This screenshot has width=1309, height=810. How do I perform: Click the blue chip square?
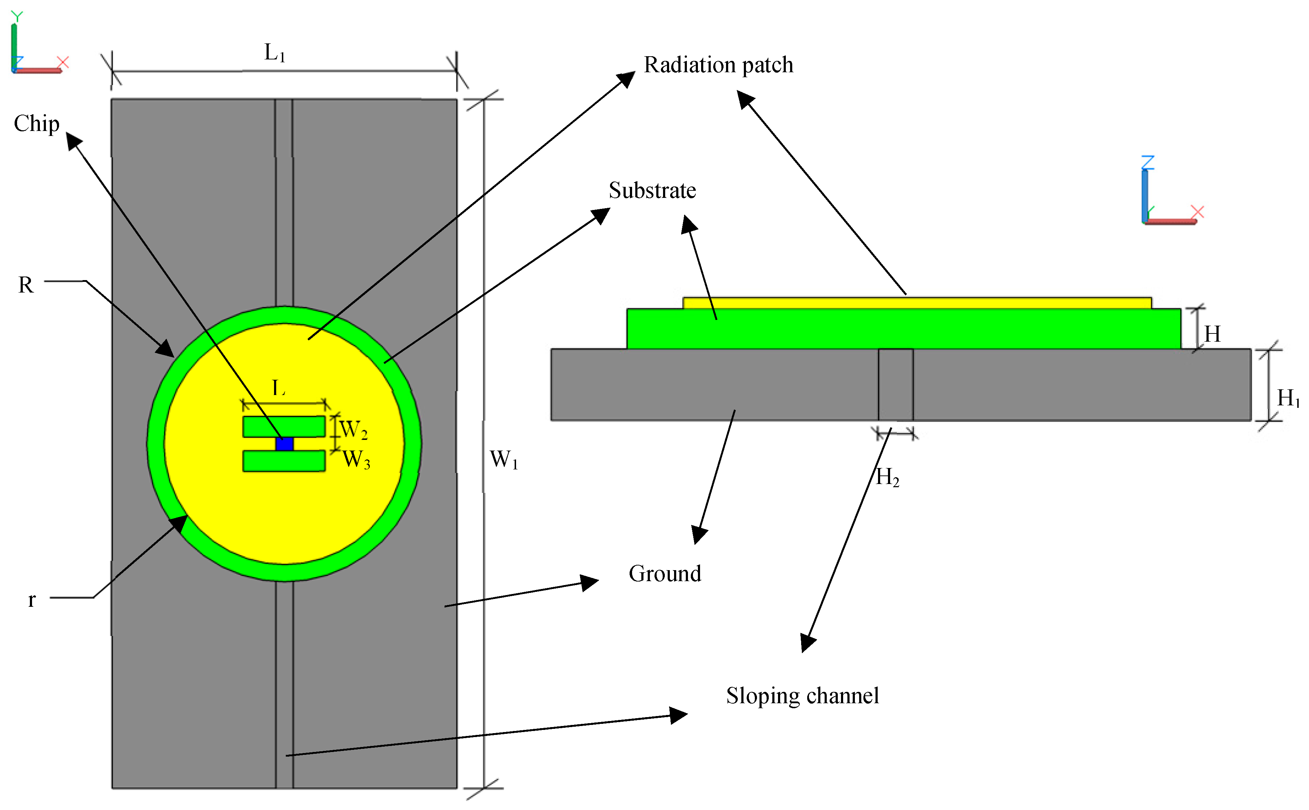pos(284,443)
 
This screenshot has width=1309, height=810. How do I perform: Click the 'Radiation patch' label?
pos(718,65)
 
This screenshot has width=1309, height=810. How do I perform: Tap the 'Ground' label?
pos(665,574)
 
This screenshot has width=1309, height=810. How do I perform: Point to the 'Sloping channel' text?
pos(802,696)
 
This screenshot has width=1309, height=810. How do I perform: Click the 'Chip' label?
pos(36,124)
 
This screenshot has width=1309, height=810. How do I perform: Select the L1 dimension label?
pos(275,53)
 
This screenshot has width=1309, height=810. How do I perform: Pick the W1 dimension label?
pos(504,460)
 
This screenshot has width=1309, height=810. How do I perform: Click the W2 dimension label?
pos(353,430)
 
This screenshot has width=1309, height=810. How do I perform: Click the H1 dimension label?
pos(1288,398)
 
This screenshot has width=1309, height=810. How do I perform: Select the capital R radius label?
pos(26,285)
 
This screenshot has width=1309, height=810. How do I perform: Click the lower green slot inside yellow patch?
pos(284,461)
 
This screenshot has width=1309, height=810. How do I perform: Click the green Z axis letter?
pos(1148,162)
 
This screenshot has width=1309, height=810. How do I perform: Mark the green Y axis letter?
pos(17,17)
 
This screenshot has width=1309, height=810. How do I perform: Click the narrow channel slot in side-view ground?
pos(895,385)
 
